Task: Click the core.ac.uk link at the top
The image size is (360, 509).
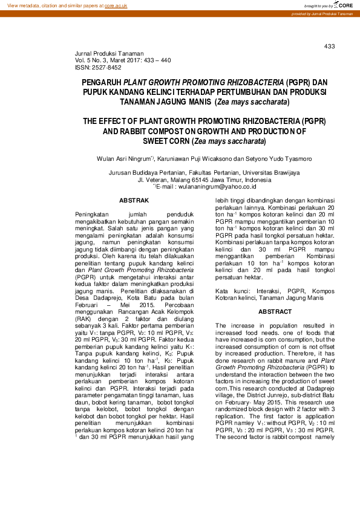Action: pos(116,5)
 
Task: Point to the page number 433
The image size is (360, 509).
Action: pos(330,47)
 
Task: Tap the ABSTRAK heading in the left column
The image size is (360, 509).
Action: pos(134,199)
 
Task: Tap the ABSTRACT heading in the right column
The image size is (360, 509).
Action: pos(275,311)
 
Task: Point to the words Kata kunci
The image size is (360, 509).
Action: pos(229,291)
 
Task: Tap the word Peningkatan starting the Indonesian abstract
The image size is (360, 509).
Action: pos(94,215)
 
